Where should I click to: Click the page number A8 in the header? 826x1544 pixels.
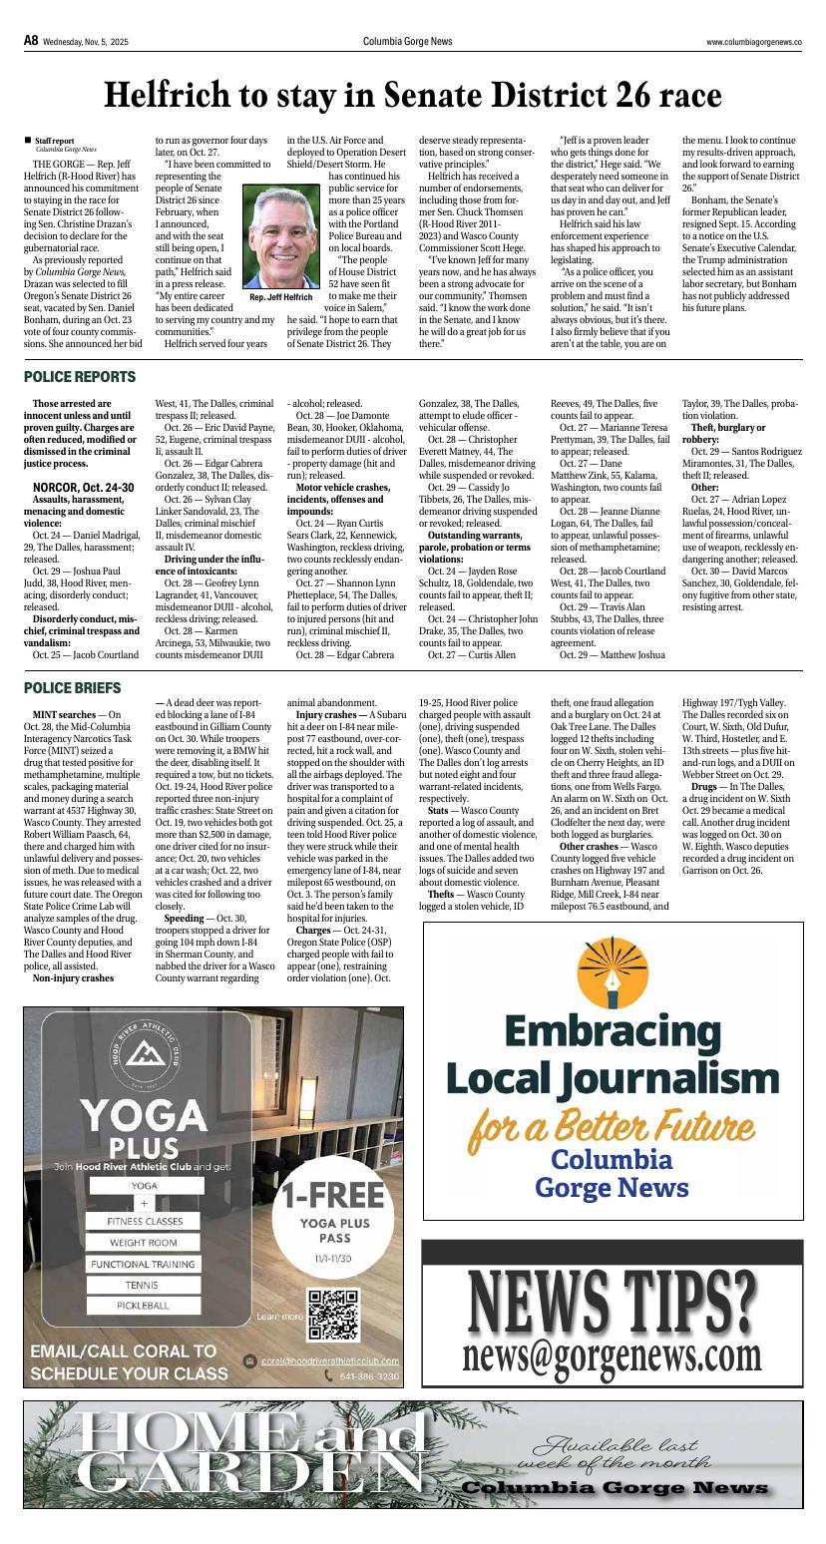[31, 41]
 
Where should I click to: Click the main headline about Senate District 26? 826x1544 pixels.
[413, 95]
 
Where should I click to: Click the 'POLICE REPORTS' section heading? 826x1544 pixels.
[79, 377]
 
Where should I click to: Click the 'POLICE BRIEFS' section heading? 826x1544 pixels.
[73, 688]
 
